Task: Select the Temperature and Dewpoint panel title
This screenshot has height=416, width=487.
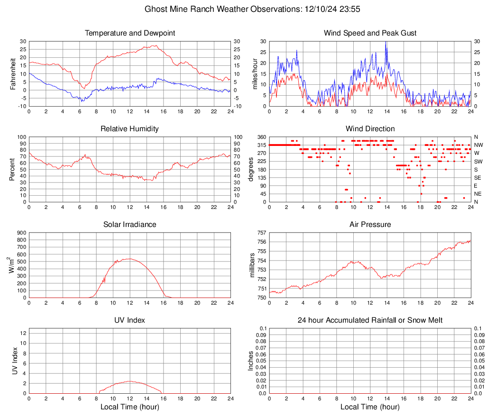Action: (x=130, y=33)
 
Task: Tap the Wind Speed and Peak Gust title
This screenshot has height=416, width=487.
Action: (x=370, y=33)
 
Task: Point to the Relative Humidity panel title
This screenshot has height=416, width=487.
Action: (x=130, y=129)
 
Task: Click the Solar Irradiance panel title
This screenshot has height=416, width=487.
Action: (x=130, y=225)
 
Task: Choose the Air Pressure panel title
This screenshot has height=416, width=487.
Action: (x=370, y=225)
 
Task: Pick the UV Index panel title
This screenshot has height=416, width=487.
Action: (x=130, y=320)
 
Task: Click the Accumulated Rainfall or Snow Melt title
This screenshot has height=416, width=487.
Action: (x=370, y=320)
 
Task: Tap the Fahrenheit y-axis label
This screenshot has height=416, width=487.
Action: (x=13, y=73)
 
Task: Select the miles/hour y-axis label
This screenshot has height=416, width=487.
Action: (x=253, y=73)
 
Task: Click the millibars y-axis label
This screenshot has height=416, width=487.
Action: (x=253, y=265)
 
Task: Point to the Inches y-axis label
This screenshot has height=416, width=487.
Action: (x=251, y=361)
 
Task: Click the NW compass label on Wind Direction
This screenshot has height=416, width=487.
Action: (x=478, y=145)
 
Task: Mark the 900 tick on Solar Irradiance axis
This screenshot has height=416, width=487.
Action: (x=21, y=233)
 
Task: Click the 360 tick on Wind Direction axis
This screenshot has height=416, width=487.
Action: (x=261, y=137)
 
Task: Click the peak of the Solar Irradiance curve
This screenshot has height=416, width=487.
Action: (x=129, y=259)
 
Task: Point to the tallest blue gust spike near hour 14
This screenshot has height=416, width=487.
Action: (x=386, y=43)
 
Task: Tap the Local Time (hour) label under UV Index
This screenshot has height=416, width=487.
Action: (x=130, y=407)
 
